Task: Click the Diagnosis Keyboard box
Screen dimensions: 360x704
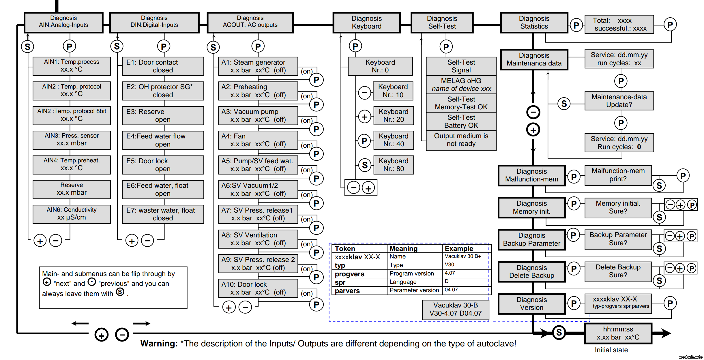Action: (366, 22)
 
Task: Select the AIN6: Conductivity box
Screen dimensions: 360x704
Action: (72, 214)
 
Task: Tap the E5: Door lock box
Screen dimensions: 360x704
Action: (163, 165)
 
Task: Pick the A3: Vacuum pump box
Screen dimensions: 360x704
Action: (258, 115)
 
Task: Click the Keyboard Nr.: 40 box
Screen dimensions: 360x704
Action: (393, 140)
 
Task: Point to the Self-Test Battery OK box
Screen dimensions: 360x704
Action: (461, 121)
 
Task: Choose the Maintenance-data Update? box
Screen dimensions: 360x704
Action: (619, 101)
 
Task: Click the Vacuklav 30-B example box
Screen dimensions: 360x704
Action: (455, 309)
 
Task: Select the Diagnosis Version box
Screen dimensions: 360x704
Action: (531, 303)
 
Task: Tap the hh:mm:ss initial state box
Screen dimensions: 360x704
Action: (618, 333)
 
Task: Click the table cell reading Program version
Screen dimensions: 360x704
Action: (411, 273)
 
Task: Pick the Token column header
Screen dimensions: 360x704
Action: (345, 249)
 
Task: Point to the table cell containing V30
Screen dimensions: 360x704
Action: (449, 265)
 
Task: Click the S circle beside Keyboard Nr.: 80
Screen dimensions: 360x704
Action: (365, 165)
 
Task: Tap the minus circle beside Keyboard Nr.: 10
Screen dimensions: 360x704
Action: (364, 93)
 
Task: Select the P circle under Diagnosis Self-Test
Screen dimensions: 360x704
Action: (446, 47)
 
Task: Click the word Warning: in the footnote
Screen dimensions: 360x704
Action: (159, 344)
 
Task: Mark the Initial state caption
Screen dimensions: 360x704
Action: (611, 350)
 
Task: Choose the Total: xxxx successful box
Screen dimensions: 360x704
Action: (619, 25)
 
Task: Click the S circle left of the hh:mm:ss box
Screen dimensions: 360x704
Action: (559, 333)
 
